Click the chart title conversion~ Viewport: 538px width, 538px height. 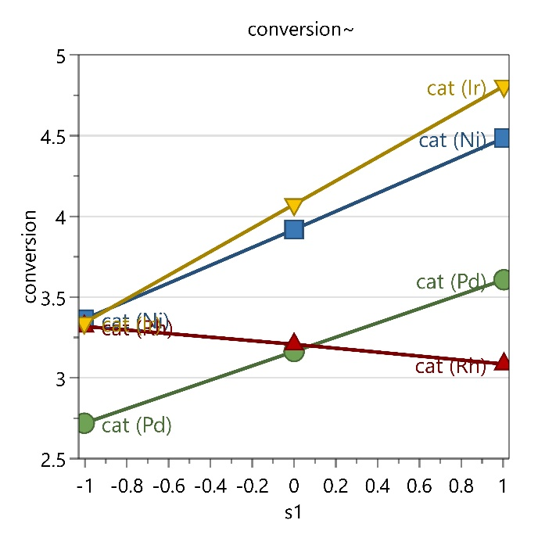click(x=302, y=30)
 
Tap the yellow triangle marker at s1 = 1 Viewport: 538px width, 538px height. click(x=503, y=88)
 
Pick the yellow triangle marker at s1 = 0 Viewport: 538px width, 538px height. click(x=294, y=206)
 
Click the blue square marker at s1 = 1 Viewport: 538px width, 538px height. click(x=503, y=138)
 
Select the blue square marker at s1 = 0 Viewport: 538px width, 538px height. click(x=294, y=229)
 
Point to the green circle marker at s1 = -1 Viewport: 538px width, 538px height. click(x=85, y=423)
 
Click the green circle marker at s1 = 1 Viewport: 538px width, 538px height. click(x=503, y=279)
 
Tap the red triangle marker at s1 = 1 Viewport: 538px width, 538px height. click(x=503, y=361)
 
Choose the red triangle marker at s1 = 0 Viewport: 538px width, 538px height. click(x=294, y=342)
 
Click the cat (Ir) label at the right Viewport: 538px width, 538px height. click(x=457, y=88)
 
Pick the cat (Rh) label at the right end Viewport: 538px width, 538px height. click(x=450, y=367)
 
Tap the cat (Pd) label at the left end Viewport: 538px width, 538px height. click(x=137, y=426)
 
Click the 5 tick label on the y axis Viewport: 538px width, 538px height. click(x=62, y=55)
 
